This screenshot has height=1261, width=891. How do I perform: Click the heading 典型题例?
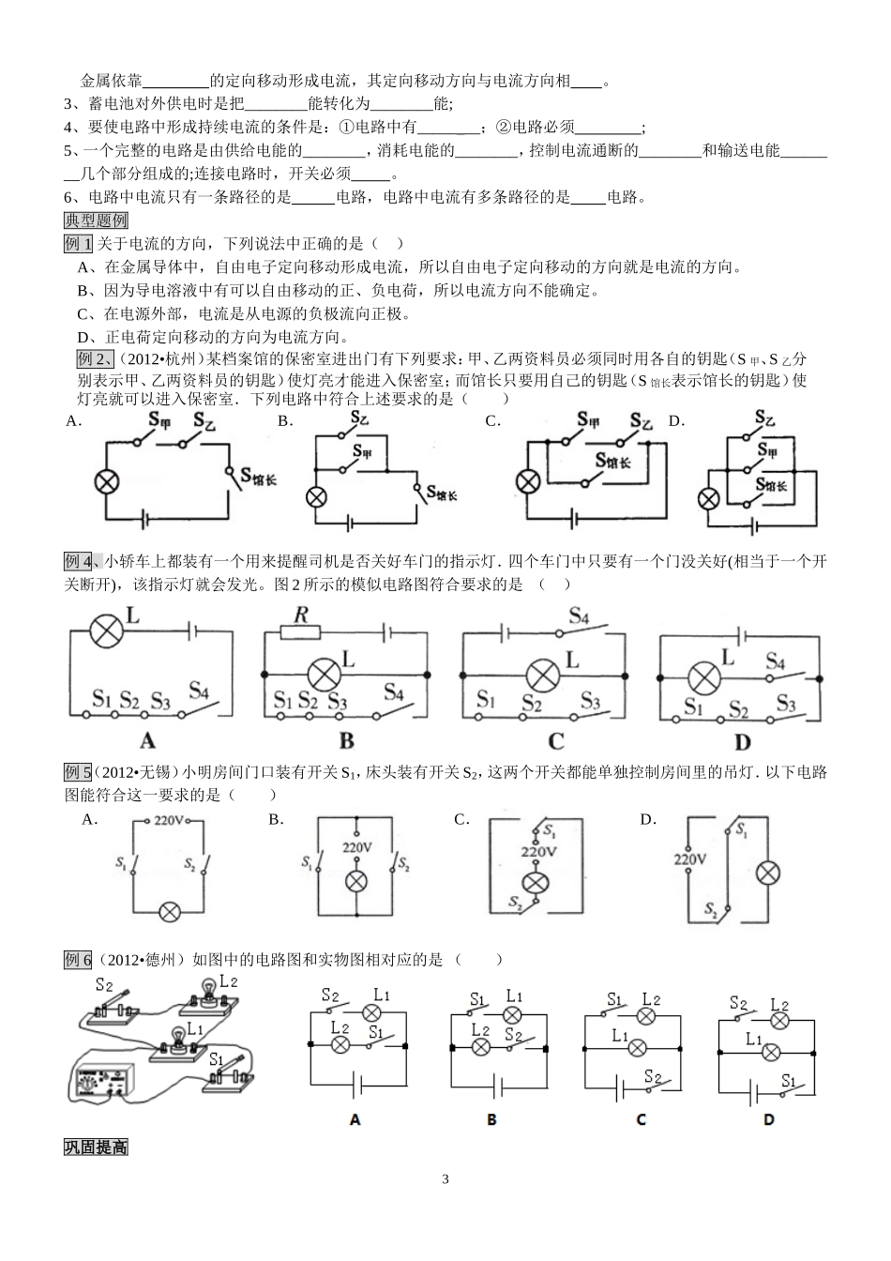click(96, 220)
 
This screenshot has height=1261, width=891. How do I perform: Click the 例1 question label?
click(78, 244)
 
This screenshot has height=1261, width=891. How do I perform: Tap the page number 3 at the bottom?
click(445, 1179)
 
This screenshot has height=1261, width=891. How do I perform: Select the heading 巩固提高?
click(96, 1147)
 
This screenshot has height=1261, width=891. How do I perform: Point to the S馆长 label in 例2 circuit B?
click(445, 492)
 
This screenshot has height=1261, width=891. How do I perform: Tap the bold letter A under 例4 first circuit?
click(147, 741)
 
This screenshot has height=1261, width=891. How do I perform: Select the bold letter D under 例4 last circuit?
click(743, 742)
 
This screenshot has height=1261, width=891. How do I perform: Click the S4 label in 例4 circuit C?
click(579, 616)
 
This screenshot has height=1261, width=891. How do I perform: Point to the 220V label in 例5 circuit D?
click(689, 858)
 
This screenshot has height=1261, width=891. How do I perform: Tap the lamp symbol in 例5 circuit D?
click(768, 873)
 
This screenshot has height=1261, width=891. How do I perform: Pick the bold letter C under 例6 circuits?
click(642, 1119)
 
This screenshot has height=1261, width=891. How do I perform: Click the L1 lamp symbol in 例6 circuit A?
click(371, 1013)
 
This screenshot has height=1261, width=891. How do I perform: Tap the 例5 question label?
click(78, 773)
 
